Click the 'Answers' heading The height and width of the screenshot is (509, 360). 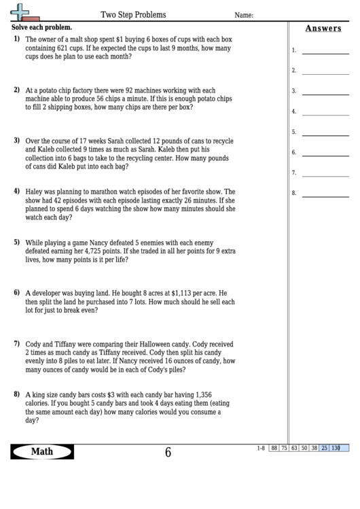click(x=323, y=29)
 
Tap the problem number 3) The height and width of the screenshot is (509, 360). click(x=17, y=140)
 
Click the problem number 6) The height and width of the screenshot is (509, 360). click(x=17, y=292)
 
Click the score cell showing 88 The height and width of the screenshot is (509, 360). click(x=274, y=448)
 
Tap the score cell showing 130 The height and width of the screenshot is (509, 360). click(x=336, y=448)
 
